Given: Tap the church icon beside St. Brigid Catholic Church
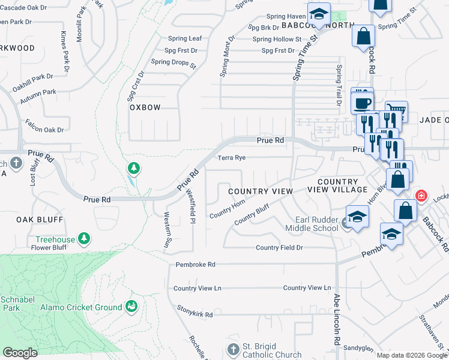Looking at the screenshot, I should [234, 349].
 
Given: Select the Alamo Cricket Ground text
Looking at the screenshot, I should [81, 307].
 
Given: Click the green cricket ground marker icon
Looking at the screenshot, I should [130, 307].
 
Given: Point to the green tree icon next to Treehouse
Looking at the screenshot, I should [85, 239].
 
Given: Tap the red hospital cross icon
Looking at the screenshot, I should [421, 196].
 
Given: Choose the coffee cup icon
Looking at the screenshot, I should [362, 102].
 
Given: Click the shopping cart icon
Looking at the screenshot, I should [396, 111].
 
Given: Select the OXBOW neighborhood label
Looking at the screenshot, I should [145, 107].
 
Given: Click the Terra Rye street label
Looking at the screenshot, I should [232, 158].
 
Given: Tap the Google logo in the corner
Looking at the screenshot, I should [20, 353].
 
